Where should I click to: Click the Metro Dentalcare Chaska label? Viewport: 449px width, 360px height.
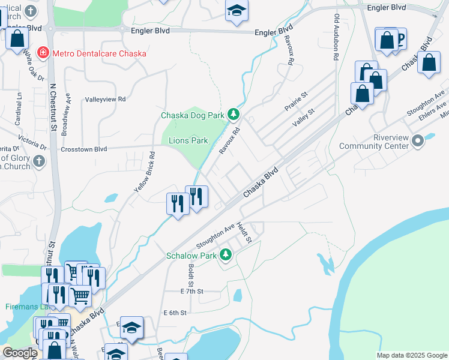pyautogui.click(x=99, y=53)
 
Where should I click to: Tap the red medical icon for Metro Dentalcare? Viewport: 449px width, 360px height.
pyautogui.click(x=43, y=53)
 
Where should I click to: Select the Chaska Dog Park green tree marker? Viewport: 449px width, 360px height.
pyautogui.click(x=234, y=115)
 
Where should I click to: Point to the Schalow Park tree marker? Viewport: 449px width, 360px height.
pyautogui.click(x=226, y=255)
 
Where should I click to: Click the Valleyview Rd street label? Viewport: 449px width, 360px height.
pyautogui.click(x=105, y=99)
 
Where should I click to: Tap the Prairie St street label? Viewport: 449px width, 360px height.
pyautogui.click(x=296, y=95)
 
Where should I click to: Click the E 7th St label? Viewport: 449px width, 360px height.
pyautogui.click(x=192, y=291)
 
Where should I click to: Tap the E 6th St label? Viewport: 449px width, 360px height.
pyautogui.click(x=175, y=313)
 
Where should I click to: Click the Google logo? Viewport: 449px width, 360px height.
pyautogui.click(x=20, y=353)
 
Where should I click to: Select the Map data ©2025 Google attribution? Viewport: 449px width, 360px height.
pyautogui.click(x=411, y=355)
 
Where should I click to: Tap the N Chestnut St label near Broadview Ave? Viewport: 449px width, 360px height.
pyautogui.click(x=53, y=107)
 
